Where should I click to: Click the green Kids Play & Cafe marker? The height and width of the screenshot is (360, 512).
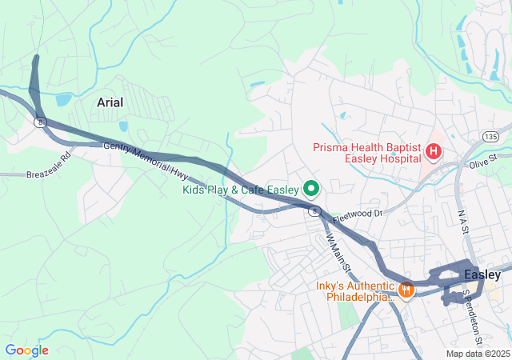coord(310,190)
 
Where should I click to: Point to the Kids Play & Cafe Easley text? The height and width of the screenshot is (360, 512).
coord(239,190)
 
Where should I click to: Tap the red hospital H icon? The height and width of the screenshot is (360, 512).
coord(434,150)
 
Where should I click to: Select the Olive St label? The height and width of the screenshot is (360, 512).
coord(483,162)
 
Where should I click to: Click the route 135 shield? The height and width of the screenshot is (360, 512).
coord(490,137)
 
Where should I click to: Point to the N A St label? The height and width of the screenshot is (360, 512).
coord(462,220)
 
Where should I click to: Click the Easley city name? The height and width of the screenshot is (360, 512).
coord(482,274)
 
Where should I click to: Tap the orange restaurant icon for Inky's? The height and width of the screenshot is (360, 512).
coord(406,290)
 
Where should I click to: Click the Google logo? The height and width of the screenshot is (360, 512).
coord(26,350)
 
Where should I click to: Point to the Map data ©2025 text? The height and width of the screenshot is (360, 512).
coord(476,354)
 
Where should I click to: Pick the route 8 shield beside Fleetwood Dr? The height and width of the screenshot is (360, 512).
coord(316,210)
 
